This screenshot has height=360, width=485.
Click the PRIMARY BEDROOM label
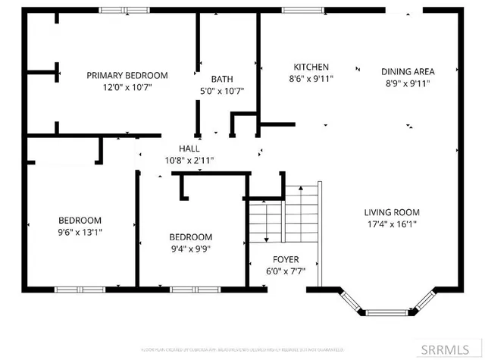click(127, 75)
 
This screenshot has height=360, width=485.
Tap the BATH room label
click(222, 79)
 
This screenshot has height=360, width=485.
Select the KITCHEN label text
click(311, 66)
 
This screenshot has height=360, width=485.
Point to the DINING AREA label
click(408, 72)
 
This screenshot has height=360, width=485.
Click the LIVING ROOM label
click(392, 212)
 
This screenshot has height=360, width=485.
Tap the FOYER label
click(286, 258)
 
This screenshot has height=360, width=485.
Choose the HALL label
click(189, 149)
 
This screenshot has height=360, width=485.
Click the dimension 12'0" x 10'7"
click(127, 87)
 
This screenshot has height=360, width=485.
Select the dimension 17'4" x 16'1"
click(392, 224)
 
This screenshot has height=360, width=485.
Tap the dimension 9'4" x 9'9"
click(190, 249)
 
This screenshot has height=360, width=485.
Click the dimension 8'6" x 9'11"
click(311, 78)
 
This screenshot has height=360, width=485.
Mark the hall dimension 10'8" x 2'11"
click(189, 161)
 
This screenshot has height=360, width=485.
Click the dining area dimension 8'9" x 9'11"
click(408, 84)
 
